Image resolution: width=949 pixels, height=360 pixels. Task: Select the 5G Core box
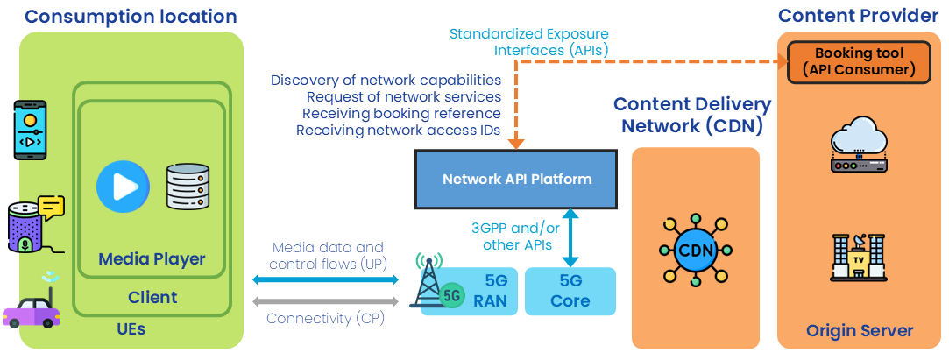tap(570, 292)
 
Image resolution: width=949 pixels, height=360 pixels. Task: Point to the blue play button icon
tap(123, 186)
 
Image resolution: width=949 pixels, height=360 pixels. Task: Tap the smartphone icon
tap(31, 130)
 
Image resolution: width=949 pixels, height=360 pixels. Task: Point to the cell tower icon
tap(430, 280)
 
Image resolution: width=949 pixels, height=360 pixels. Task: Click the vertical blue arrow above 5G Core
tap(570, 238)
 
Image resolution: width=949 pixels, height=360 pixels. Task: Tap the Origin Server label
tap(860, 331)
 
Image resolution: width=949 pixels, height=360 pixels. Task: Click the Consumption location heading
tap(131, 17)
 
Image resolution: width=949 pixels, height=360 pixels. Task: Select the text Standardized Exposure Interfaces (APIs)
tap(528, 42)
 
